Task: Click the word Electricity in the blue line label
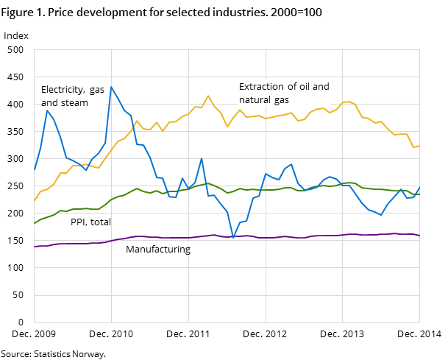pos(63,90)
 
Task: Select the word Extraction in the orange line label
pos(262,87)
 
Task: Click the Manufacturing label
pos(158,250)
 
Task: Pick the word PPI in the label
pos(79,222)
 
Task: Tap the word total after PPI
pos(100,222)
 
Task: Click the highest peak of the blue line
pos(111,87)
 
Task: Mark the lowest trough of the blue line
pos(233,238)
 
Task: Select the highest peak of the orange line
pos(208,96)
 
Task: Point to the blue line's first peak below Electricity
pos(47,110)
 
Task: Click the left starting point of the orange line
pos(34,201)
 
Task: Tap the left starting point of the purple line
pos(34,247)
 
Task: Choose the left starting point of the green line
pos(34,223)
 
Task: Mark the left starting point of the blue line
pos(34,170)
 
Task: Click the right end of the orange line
pos(419,146)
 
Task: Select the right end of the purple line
pos(419,236)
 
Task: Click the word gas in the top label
pos(97,90)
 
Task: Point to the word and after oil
pos(321,87)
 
